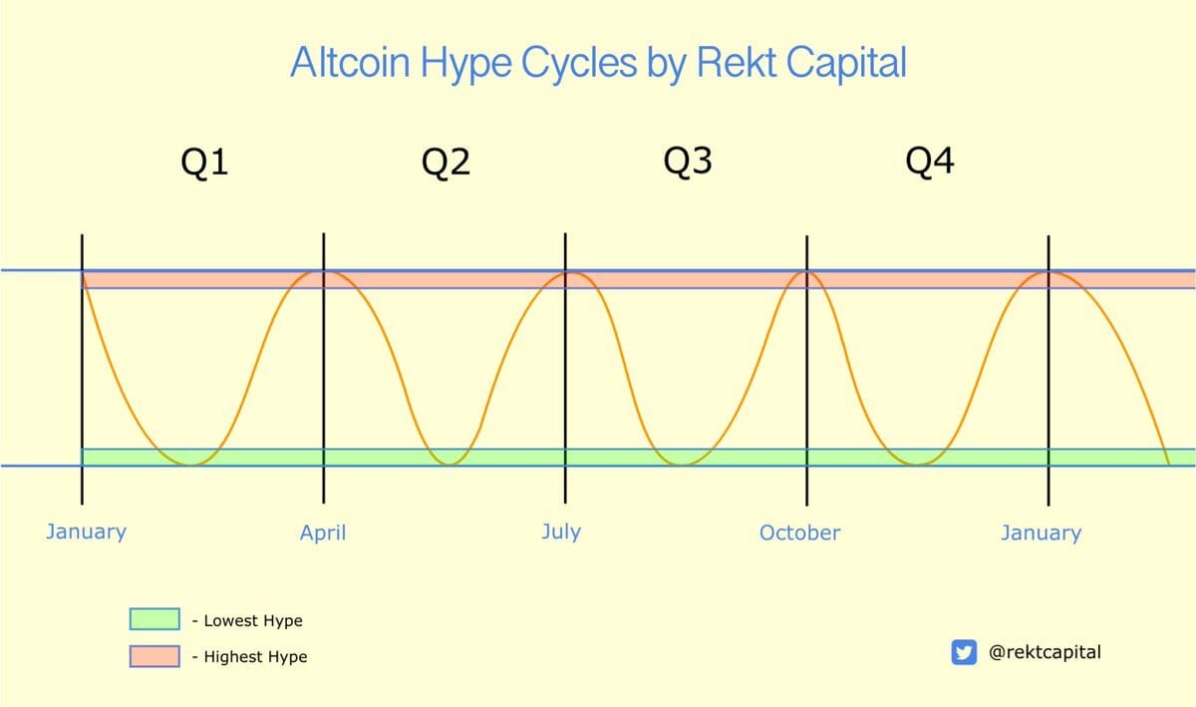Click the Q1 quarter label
point(204,163)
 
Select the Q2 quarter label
point(446,163)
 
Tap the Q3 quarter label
point(688,162)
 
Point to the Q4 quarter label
point(930,162)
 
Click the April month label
point(323,533)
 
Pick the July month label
point(561,532)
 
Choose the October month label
point(799,532)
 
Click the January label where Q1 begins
point(86,532)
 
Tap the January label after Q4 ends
point(1042,533)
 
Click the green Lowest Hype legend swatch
point(154,619)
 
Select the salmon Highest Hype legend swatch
point(154,656)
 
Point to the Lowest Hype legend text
point(253,621)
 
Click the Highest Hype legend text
point(255,657)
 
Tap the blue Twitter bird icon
point(964,652)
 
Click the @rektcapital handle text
point(1045,652)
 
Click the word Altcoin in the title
point(350,62)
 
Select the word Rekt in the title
point(737,62)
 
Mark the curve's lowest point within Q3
point(682,465)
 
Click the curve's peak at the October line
point(806,273)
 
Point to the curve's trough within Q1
point(189,465)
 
